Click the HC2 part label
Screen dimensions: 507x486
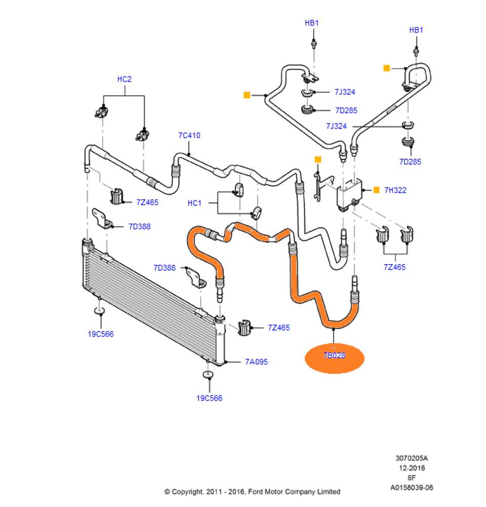coord(124,79)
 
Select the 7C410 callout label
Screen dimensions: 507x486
coord(189,135)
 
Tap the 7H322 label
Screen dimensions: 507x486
coord(395,190)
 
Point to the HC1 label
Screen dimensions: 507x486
coord(194,203)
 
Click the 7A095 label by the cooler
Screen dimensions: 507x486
coord(256,362)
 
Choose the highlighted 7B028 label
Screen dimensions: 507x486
coord(334,355)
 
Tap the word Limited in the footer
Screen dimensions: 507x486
coord(329,492)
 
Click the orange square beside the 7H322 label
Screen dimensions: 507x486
coord(376,190)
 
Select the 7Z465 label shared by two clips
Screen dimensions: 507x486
coord(394,267)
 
